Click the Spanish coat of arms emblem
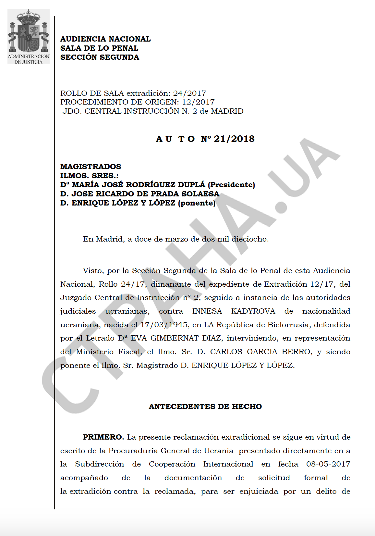pyautogui.click(x=29, y=31)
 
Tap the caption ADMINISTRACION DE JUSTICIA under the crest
pyautogui.click(x=29, y=59)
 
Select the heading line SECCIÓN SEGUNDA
pyautogui.click(x=100, y=57)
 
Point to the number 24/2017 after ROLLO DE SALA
pyautogui.click(x=189, y=93)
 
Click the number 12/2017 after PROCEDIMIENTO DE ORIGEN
pyautogui.click(x=198, y=102)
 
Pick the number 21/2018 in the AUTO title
pyautogui.click(x=234, y=139)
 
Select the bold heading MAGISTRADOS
pyautogui.click(x=91, y=167)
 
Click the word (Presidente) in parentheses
pyautogui.click(x=231, y=185)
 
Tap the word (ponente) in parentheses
pyautogui.click(x=197, y=203)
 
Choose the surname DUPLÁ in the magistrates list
pyautogui.click(x=190, y=185)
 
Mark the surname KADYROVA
pyautogui.click(x=253, y=311)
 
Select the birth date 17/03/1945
pyautogui.click(x=164, y=325)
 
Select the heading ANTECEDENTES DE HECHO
pyautogui.click(x=205, y=406)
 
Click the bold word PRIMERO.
pyautogui.click(x=103, y=437)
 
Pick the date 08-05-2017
pyautogui.click(x=328, y=464)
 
